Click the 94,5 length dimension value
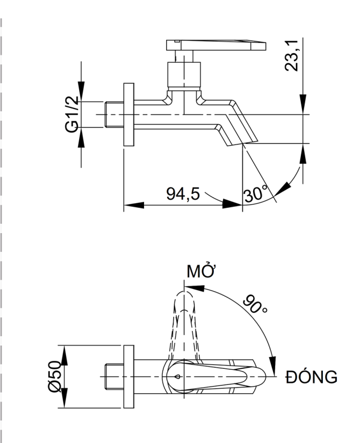coord(183,194)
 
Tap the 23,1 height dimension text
coord(294,56)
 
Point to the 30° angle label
coord(255,194)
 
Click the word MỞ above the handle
coord(201,272)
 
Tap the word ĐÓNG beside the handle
coord(311,378)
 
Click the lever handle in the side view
coord(216,44)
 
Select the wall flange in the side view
coord(128,115)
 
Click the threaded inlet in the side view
coord(113,115)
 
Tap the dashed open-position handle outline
coord(183,321)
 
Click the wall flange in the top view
coord(128,378)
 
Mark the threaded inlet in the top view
coord(113,378)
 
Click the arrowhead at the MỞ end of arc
coord(191,287)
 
